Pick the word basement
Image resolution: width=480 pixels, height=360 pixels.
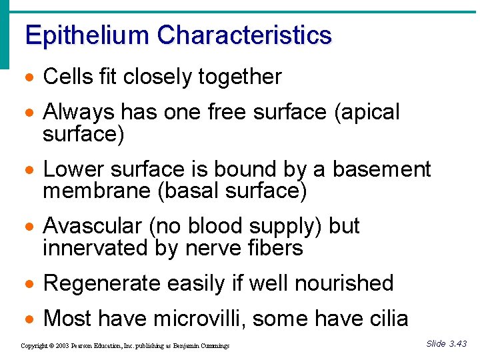pyautogui.click(x=382, y=170)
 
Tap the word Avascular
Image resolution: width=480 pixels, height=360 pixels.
pyautogui.click(x=93, y=226)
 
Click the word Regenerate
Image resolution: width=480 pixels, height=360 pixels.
pyautogui.click(x=102, y=283)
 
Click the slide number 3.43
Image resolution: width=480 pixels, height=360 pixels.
pyautogui.click(x=458, y=344)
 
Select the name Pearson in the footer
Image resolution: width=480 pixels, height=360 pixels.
pyautogui.click(x=82, y=346)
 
